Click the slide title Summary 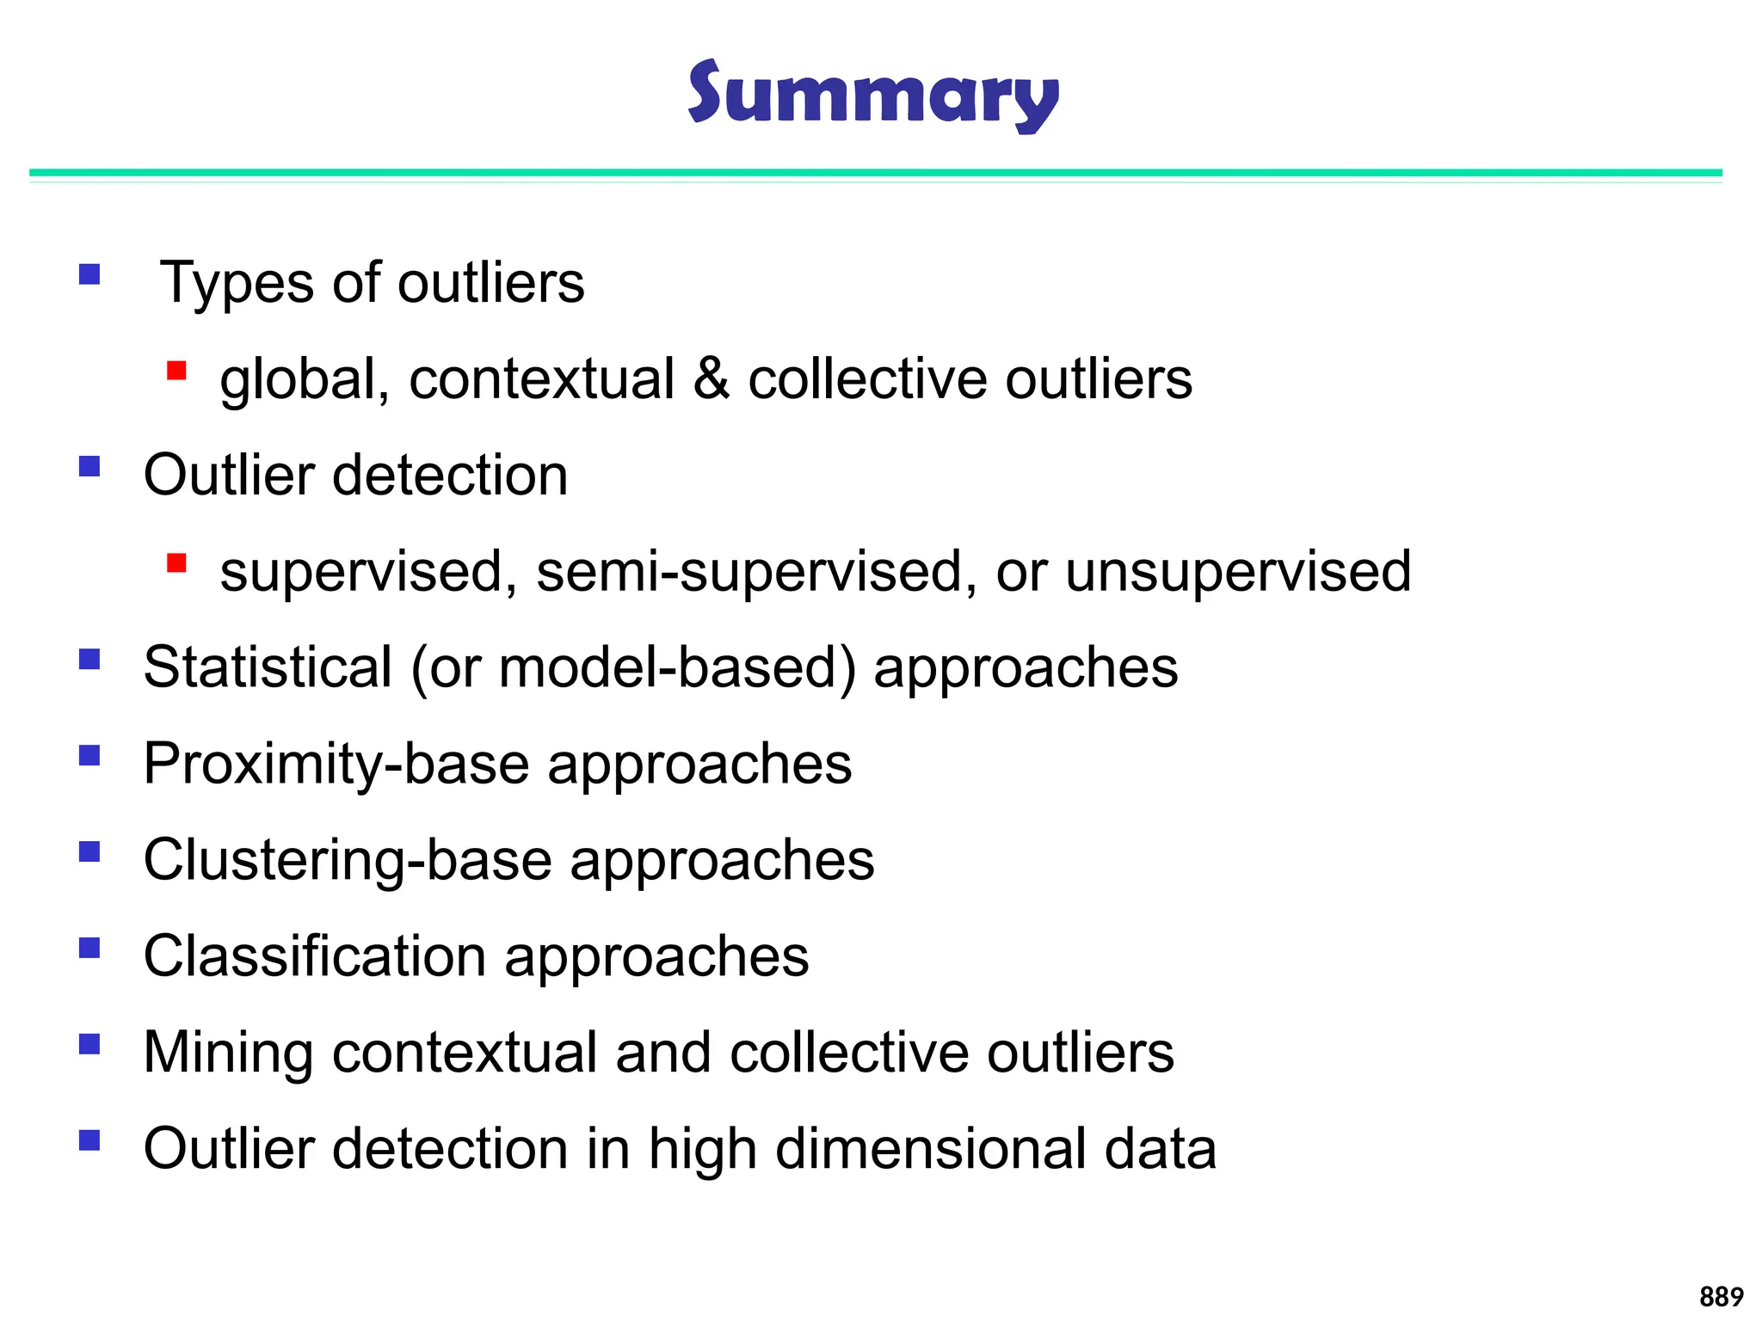pyautogui.click(x=872, y=95)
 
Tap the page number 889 pyautogui.click(x=1721, y=1296)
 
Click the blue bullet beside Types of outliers pyautogui.click(x=89, y=274)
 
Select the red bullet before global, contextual pyautogui.click(x=177, y=371)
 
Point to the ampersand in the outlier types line pyautogui.click(x=711, y=379)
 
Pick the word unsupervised pyautogui.click(x=1238, y=572)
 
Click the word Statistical pyautogui.click(x=268, y=667)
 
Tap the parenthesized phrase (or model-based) pyautogui.click(x=633, y=669)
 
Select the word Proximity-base pyautogui.click(x=336, y=765)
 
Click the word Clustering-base pyautogui.click(x=348, y=861)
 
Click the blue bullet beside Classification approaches pyautogui.click(x=89, y=948)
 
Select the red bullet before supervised pyautogui.click(x=177, y=563)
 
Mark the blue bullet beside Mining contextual pyautogui.click(x=89, y=1044)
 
